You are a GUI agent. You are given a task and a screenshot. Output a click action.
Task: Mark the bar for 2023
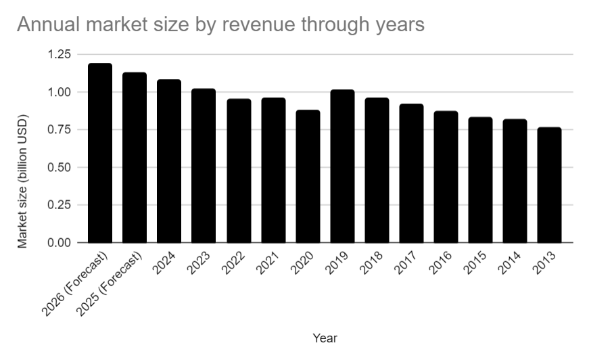click(204, 166)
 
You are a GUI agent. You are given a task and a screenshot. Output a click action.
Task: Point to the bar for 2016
click(446, 177)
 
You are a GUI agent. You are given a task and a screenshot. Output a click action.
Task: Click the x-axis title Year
click(325, 338)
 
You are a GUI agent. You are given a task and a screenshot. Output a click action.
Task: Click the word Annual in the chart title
click(44, 25)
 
